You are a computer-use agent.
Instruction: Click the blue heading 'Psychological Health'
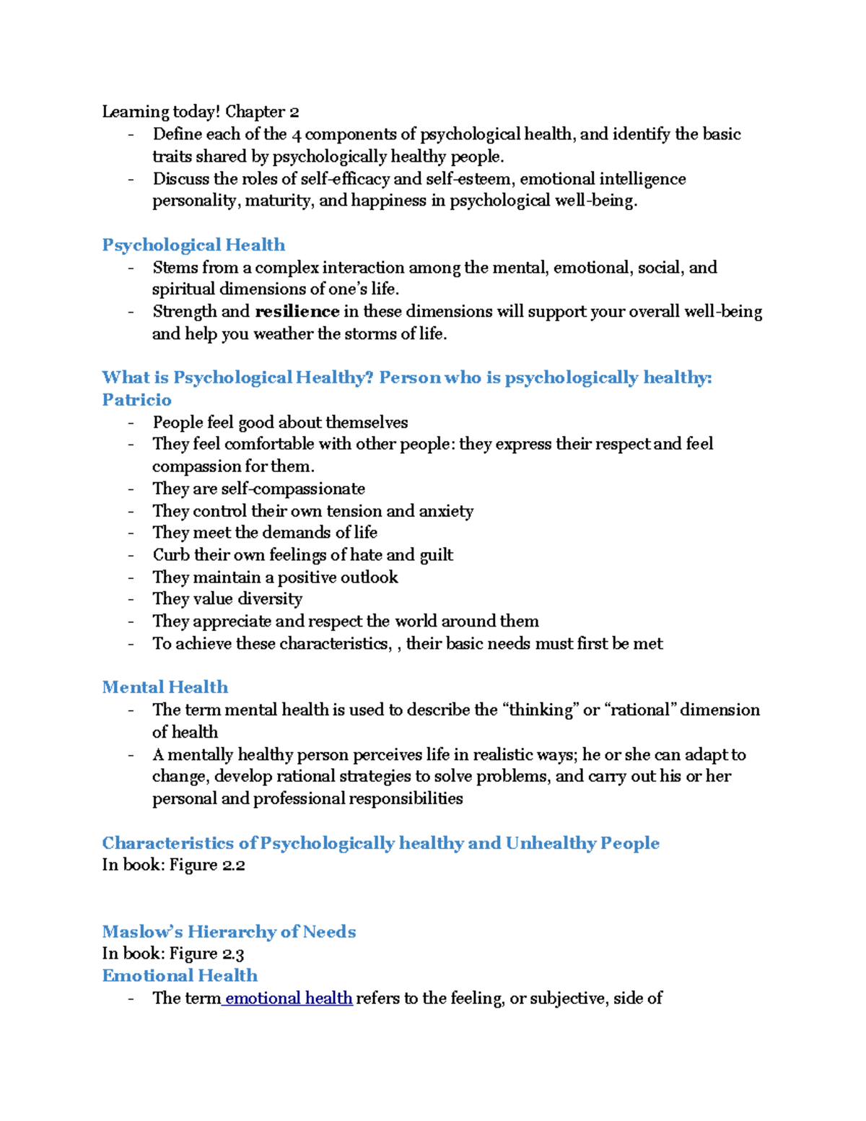(x=193, y=245)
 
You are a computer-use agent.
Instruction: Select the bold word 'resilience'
(x=297, y=311)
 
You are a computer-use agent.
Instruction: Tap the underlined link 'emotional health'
(x=288, y=998)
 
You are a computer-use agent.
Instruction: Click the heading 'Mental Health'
(x=165, y=687)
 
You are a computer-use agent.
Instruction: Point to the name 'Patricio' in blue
(x=137, y=400)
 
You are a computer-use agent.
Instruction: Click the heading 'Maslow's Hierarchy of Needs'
(x=229, y=932)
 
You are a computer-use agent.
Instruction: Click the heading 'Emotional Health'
(x=180, y=976)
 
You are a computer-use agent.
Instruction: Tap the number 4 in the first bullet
(x=296, y=134)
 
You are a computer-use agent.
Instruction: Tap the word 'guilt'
(x=437, y=555)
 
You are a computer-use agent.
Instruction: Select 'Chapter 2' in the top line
(x=262, y=112)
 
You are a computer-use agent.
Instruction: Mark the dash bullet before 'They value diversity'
(x=131, y=599)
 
